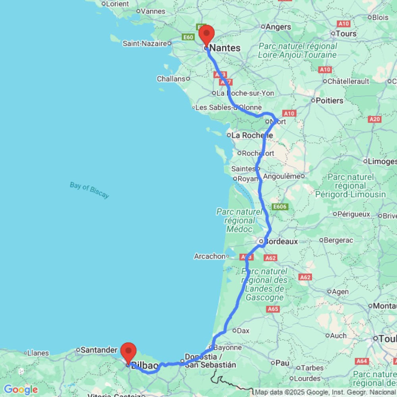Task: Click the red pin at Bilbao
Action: click(129, 352)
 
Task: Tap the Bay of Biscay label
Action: click(89, 190)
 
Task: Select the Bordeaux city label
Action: click(281, 241)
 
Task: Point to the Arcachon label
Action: click(210, 256)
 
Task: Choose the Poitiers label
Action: click(330, 100)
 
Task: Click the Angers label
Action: click(278, 27)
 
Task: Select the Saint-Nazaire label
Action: click(145, 43)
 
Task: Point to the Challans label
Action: click(171, 79)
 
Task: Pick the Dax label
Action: click(243, 330)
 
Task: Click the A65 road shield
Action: click(274, 309)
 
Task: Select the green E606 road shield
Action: click(279, 207)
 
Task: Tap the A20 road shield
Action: click(375, 119)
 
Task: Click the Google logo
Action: click(21, 390)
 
